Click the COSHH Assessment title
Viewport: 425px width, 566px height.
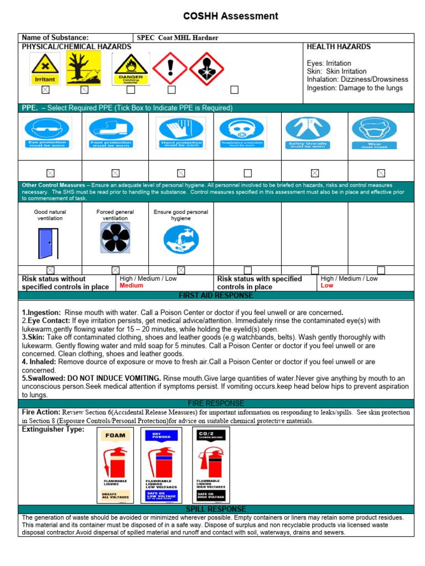point(231,16)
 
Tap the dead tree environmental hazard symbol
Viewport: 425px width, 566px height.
point(84,68)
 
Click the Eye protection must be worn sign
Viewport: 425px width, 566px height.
point(47,134)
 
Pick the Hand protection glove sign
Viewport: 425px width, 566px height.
point(181,134)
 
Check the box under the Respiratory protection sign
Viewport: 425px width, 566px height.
point(248,173)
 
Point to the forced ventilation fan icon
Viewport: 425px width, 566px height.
point(115,238)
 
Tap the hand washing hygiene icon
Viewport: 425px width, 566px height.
point(181,239)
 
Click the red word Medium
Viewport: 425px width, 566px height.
point(131,286)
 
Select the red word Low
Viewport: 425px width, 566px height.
point(327,286)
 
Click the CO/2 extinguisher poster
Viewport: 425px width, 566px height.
point(211,465)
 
